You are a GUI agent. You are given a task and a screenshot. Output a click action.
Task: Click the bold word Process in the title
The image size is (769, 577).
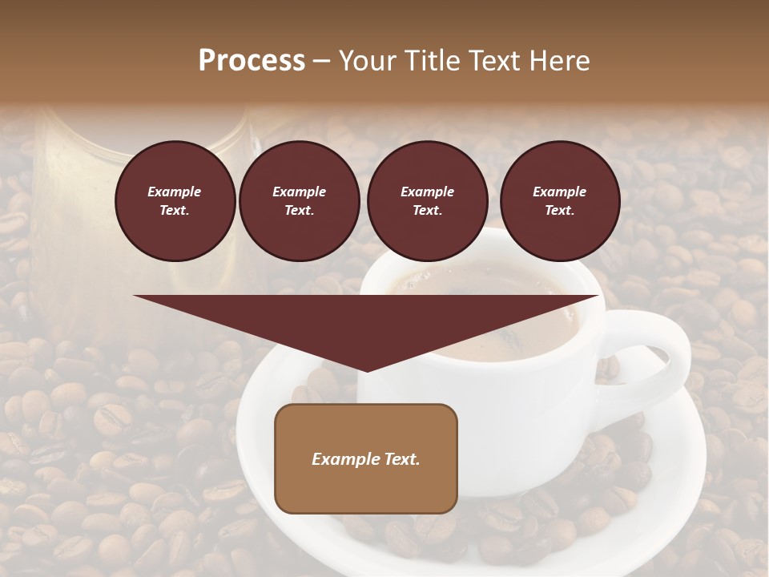point(252,61)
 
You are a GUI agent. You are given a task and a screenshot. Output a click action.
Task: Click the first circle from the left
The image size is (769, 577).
point(175,200)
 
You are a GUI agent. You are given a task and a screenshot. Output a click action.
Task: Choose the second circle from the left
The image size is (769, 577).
point(299,200)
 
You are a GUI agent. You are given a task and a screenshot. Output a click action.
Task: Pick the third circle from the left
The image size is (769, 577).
point(427,200)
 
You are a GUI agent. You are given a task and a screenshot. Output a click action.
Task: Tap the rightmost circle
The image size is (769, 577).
point(559,200)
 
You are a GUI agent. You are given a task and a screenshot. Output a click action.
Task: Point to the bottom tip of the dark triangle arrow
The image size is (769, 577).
point(366,369)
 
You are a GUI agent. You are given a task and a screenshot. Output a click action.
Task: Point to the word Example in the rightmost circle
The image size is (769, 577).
point(559,192)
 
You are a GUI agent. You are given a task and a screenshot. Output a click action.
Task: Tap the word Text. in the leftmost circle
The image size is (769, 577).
point(175,210)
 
